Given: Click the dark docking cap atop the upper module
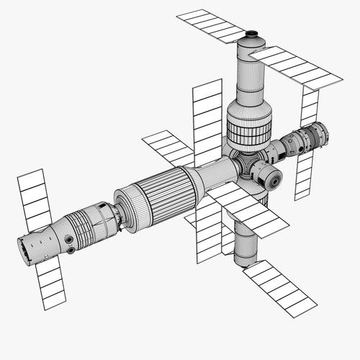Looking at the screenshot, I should [251, 33].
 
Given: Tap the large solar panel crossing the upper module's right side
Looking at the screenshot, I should [297, 68].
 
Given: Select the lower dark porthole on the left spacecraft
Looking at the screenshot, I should [71, 250].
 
